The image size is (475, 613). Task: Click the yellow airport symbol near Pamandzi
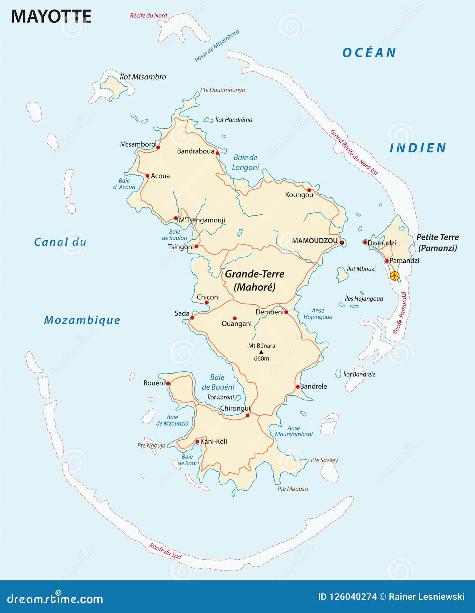395,276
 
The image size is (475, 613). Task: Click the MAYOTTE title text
51,17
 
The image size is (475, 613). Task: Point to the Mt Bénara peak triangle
261,352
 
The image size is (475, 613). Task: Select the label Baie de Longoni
245,162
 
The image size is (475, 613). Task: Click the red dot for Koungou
309,190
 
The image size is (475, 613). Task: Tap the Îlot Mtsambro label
143,77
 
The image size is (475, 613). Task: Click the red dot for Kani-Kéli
197,441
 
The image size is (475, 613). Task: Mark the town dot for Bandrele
298,387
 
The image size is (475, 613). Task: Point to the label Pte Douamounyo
223,90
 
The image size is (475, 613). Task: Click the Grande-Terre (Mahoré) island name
255,280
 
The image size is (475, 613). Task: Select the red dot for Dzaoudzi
365,242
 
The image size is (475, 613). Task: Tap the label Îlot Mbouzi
361,269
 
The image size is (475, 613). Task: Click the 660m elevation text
261,358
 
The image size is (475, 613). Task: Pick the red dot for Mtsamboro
158,147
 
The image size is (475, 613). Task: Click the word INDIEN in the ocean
418,148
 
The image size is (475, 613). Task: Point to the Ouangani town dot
235,318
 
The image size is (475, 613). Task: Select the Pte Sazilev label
324,460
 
